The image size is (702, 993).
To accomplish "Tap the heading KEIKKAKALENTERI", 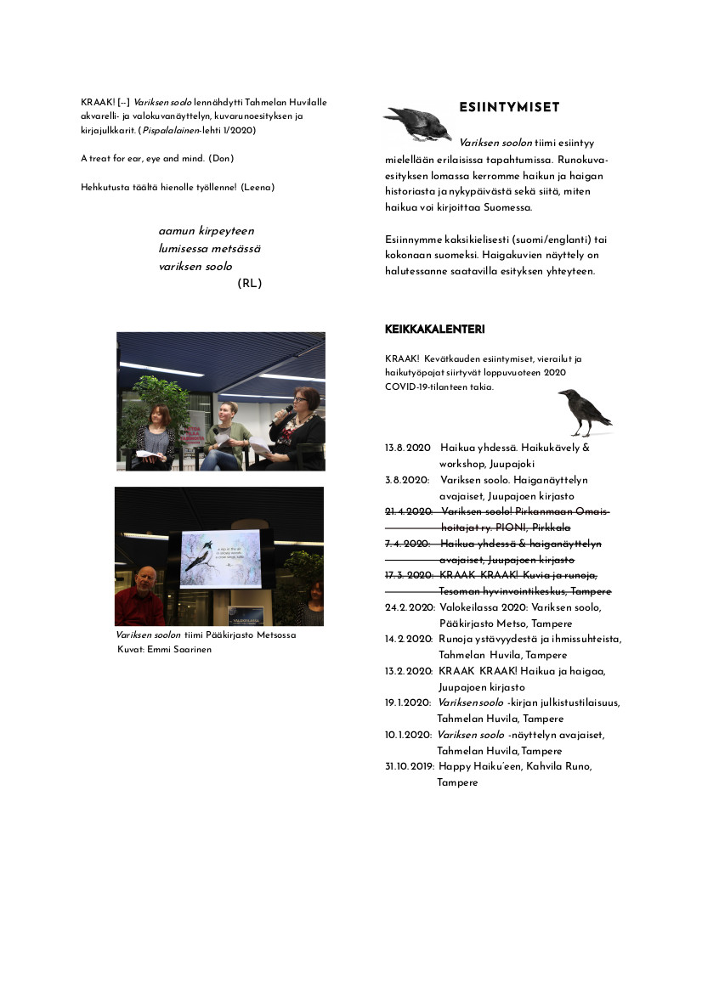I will [x=434, y=329].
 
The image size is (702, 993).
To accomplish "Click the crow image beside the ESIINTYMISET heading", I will [x=417, y=122].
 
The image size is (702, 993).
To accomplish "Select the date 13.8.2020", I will [x=408, y=448].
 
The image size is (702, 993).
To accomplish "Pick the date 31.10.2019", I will [x=410, y=766].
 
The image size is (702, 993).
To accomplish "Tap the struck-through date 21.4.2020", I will [x=409, y=511].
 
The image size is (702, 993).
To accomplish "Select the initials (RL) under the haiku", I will [x=250, y=284].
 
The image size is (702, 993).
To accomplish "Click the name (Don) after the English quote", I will [x=221, y=159].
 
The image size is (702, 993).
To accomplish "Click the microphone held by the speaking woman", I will [x=285, y=414].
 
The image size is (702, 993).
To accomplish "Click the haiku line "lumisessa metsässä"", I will [x=209, y=248].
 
